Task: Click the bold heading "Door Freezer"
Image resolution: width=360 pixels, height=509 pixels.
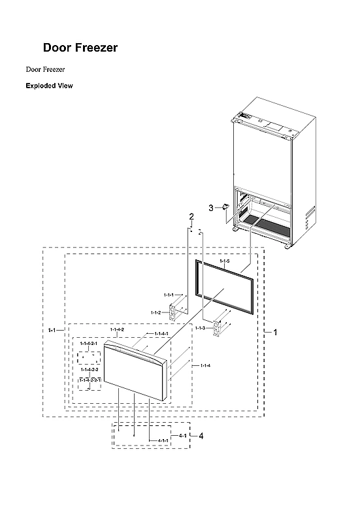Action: (x=80, y=48)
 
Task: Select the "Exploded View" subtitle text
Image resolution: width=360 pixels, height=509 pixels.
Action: (x=49, y=86)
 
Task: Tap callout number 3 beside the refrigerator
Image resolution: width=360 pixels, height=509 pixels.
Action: (x=211, y=208)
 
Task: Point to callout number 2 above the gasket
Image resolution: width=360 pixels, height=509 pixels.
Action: (x=191, y=216)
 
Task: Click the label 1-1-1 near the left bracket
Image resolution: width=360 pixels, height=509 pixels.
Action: (x=168, y=295)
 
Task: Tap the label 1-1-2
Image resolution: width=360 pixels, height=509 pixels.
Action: (x=155, y=312)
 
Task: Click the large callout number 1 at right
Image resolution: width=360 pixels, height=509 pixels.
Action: (x=275, y=332)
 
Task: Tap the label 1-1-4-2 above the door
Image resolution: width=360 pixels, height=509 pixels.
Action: (x=117, y=329)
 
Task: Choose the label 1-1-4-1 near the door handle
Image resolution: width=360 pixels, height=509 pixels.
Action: (x=161, y=334)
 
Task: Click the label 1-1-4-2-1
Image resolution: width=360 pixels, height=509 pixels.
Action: (x=88, y=343)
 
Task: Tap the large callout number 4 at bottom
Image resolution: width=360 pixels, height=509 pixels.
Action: (x=201, y=436)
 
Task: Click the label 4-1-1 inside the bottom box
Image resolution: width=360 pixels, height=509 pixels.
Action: (x=163, y=441)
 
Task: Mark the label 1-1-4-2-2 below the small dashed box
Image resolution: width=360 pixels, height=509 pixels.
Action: (x=90, y=370)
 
